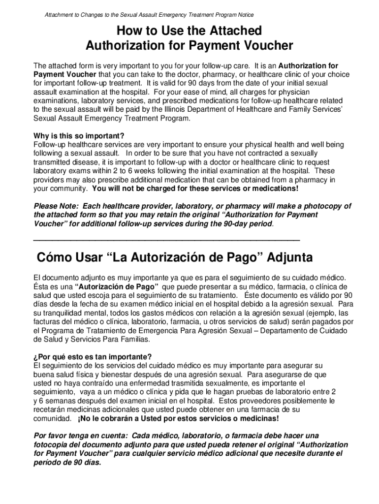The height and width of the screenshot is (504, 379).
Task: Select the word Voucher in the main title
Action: click(268, 46)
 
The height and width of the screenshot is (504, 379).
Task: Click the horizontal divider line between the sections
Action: click(166, 240)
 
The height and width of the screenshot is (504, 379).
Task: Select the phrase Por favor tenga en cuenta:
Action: click(81, 436)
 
